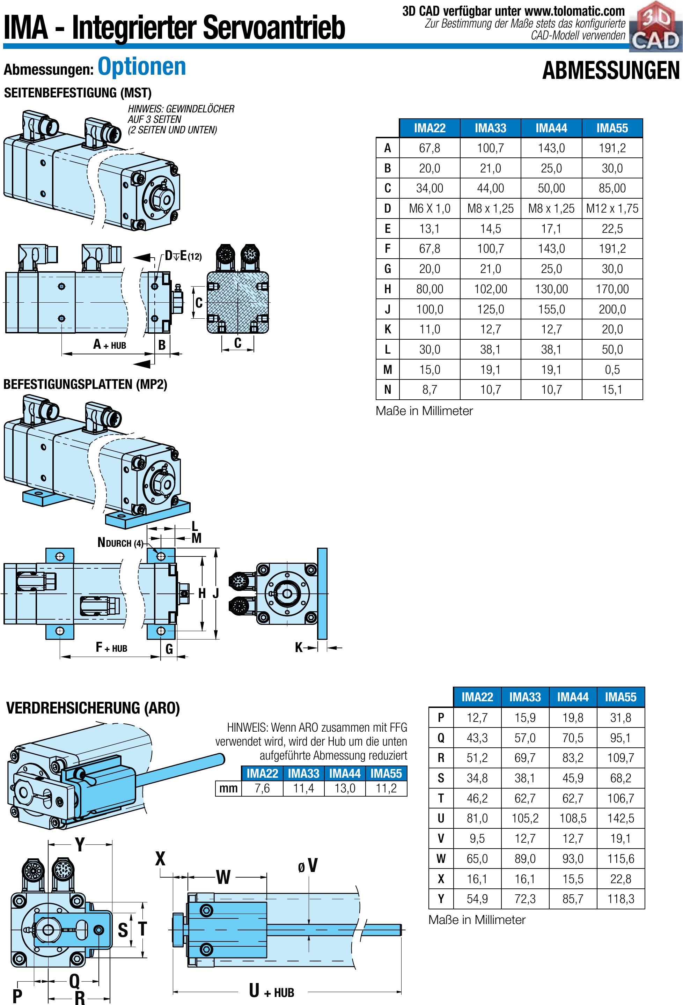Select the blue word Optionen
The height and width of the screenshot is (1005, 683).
[141, 67]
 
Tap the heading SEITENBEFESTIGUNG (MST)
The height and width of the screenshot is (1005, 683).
[78, 93]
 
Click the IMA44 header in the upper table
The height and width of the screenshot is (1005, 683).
[551, 128]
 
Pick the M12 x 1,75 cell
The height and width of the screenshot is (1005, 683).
[612, 208]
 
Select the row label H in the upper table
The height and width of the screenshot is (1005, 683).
[387, 289]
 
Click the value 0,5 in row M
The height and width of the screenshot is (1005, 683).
[612, 370]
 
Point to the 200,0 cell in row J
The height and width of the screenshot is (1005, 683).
[612, 309]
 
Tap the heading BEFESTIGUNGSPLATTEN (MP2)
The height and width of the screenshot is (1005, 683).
[85, 384]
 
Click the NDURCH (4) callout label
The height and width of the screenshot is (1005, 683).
[120, 543]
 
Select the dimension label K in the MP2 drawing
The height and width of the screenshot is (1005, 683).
[299, 648]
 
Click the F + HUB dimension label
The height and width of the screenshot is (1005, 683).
[111, 648]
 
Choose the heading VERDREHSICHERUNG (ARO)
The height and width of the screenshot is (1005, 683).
[93, 708]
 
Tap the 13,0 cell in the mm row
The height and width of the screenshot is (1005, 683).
[345, 788]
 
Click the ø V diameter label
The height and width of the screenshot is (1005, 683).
[308, 866]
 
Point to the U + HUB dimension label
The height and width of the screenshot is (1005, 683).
[271, 991]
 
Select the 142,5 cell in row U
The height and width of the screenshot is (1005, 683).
[620, 818]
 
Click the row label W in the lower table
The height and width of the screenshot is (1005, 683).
[441, 859]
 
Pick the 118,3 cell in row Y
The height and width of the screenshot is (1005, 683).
[620, 899]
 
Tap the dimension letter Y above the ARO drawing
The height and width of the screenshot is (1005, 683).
[80, 844]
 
